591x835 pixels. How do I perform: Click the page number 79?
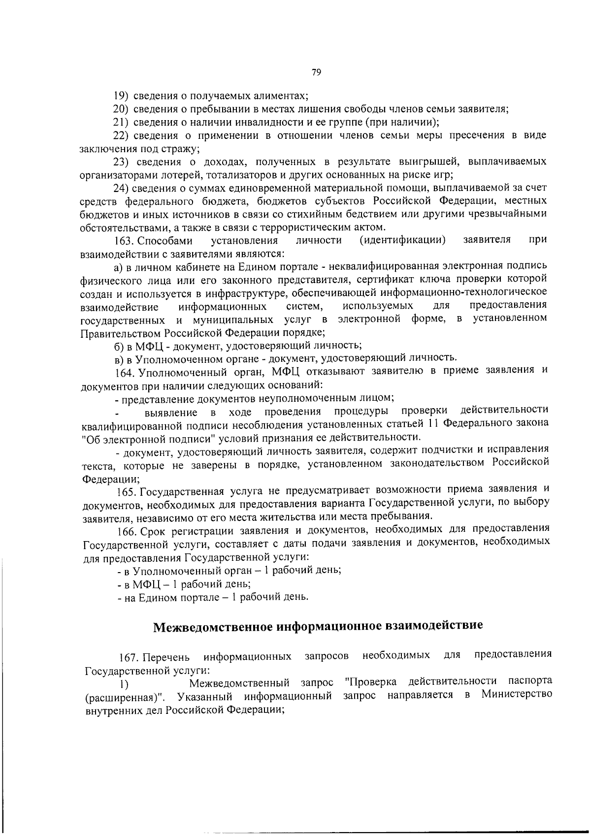[316, 72]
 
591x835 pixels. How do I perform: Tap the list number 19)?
[121, 96]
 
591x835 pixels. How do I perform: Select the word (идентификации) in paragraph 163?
[402, 240]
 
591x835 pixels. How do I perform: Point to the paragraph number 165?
[127, 491]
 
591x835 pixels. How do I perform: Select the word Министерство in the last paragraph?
[517, 694]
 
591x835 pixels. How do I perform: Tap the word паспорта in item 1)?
[529, 681]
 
